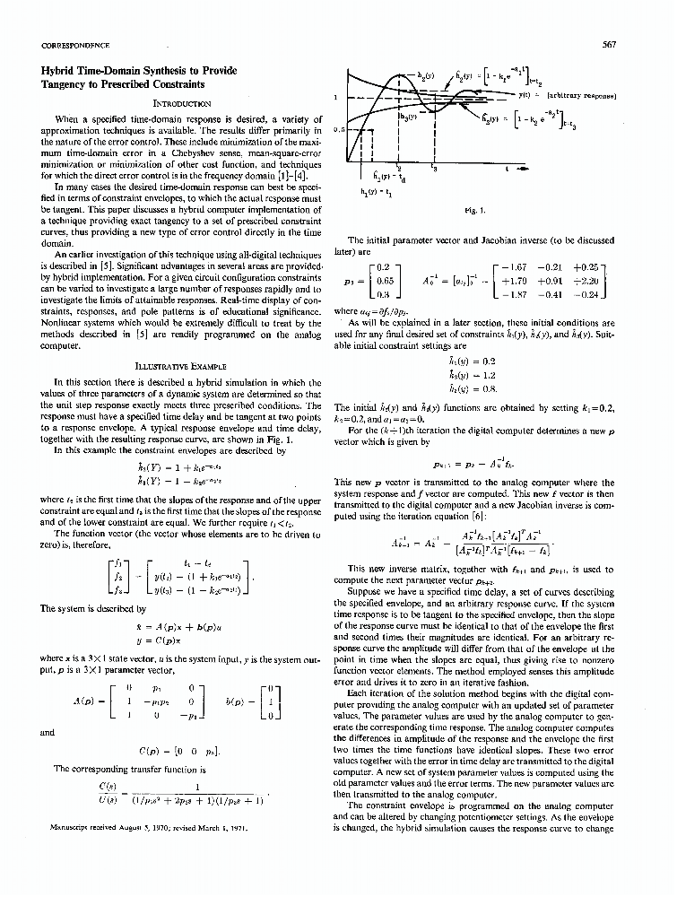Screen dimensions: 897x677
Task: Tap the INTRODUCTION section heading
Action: (x=182, y=103)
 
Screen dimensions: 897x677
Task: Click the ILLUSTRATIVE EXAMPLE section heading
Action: (x=182, y=366)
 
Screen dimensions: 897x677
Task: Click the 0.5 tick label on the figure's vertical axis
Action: (x=339, y=129)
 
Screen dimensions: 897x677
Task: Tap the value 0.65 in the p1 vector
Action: (x=385, y=281)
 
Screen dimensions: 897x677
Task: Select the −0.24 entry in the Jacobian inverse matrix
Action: (x=588, y=294)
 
